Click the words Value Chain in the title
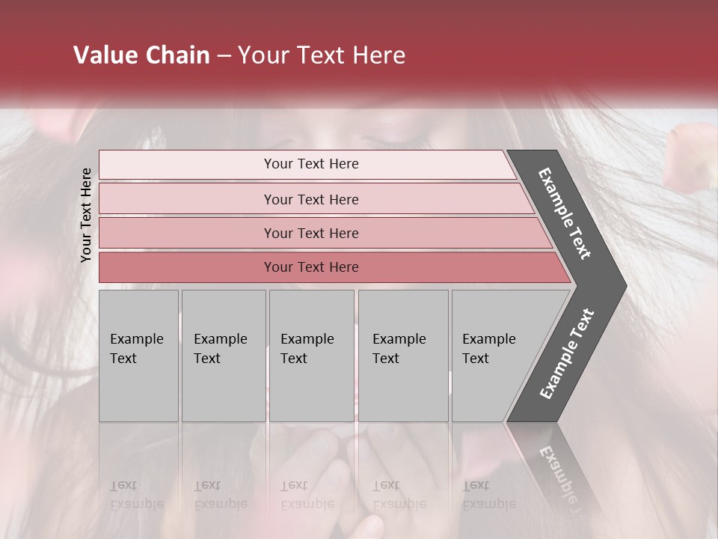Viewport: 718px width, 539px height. click(141, 55)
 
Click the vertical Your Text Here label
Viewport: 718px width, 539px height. click(87, 215)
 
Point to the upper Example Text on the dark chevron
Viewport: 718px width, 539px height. click(565, 213)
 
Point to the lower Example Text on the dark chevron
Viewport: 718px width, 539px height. click(567, 353)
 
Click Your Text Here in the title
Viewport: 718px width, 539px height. click(322, 55)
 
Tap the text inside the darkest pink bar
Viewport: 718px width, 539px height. click(311, 267)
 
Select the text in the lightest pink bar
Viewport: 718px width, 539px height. click(311, 164)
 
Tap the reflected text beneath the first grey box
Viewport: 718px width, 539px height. click(136, 495)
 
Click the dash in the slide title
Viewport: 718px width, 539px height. click(224, 55)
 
